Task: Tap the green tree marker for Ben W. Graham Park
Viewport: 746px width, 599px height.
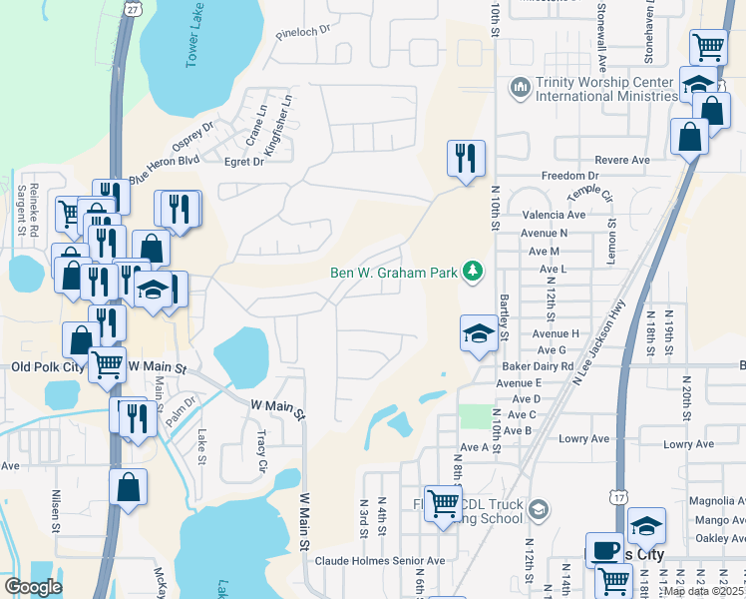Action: point(473,272)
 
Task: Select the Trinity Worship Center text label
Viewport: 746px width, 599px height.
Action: point(606,90)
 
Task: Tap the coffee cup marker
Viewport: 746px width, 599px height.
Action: point(604,550)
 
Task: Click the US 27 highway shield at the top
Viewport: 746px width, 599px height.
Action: point(132,7)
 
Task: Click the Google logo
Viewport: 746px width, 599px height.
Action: point(32,587)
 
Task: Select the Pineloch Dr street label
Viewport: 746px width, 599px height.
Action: point(304,32)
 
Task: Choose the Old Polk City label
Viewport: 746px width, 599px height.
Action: point(47,367)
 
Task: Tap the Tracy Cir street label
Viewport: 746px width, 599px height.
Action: point(262,452)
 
